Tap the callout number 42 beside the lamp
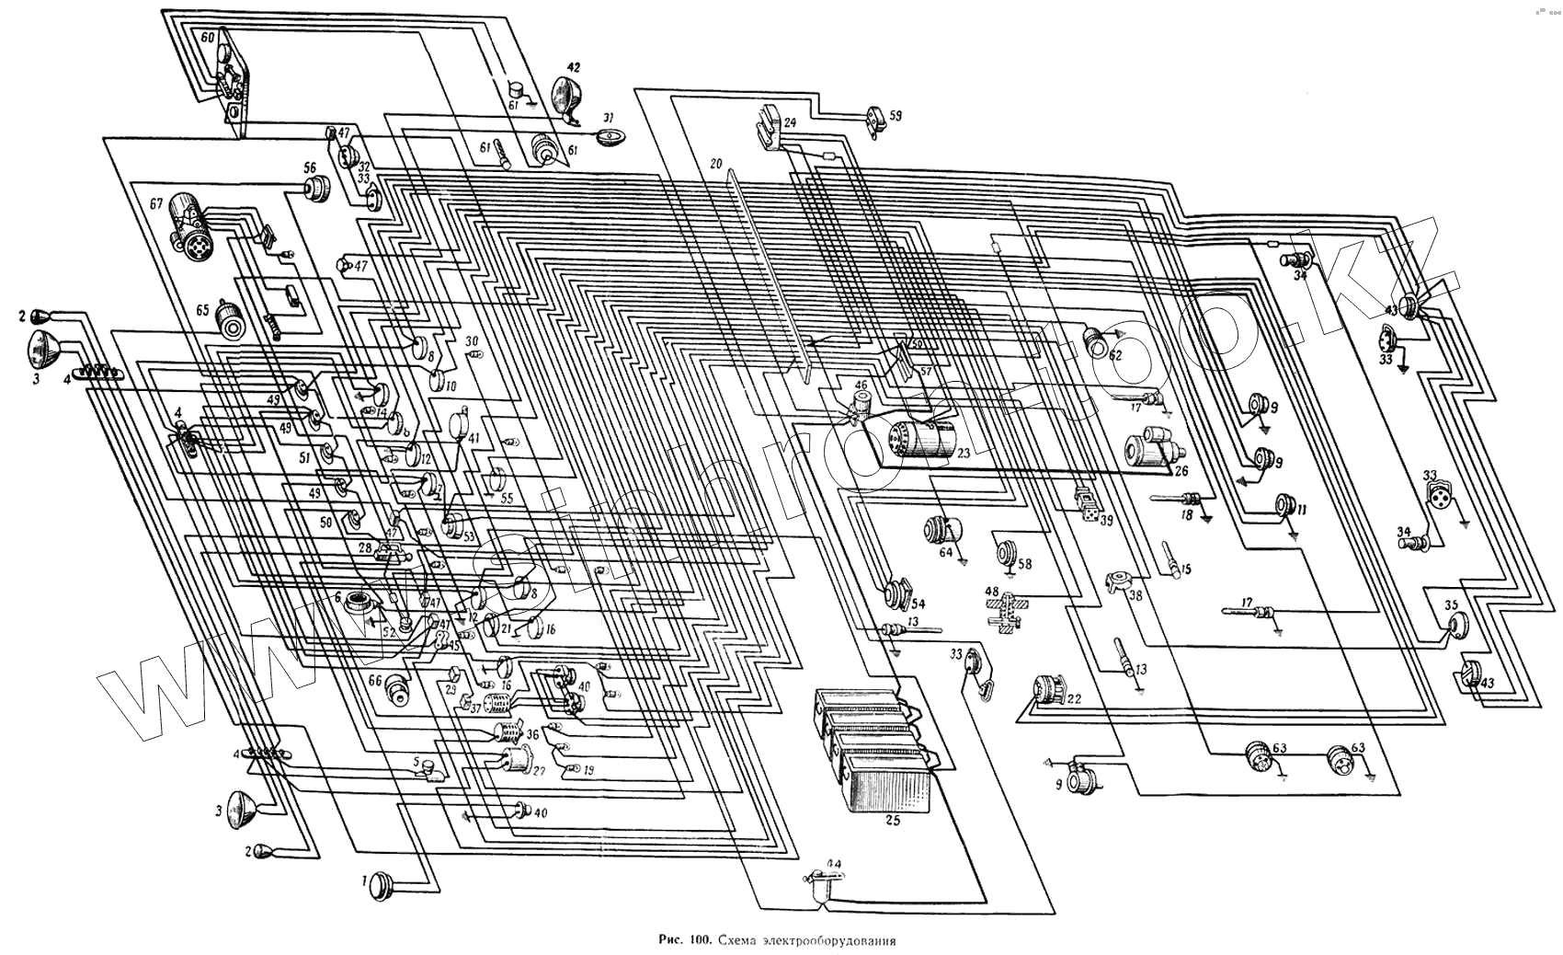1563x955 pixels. click(573, 67)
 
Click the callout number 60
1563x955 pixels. click(207, 38)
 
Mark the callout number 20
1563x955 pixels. click(716, 163)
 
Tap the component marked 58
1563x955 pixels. click(1009, 555)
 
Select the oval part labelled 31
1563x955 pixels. click(609, 137)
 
